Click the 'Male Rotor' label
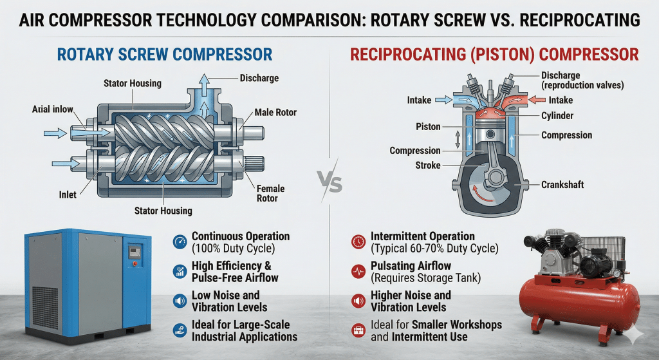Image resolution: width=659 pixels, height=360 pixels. (275, 112)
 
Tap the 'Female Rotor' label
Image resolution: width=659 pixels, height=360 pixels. (270, 193)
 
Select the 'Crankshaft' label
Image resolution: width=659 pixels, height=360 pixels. (562, 185)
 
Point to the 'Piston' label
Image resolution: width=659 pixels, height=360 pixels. (428, 127)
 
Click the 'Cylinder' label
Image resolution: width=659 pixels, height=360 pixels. (557, 116)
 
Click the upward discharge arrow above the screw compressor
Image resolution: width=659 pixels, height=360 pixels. (204, 86)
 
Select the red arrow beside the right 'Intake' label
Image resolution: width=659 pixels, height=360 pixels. (537, 100)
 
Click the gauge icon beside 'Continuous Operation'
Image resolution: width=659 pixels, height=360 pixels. (180, 242)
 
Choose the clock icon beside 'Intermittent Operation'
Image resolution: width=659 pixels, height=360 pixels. (358, 242)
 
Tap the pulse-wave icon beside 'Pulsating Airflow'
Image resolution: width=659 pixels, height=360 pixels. (358, 271)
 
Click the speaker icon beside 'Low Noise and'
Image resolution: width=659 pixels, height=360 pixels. (180, 301)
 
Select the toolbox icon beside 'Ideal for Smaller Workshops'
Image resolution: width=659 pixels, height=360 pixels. (358, 330)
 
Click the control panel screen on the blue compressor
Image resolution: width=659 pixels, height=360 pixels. (135, 252)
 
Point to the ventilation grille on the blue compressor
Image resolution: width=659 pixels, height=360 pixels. (45, 307)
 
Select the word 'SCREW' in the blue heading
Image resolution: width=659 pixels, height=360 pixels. (144, 55)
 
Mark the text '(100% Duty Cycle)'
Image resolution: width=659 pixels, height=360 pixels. (233, 248)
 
